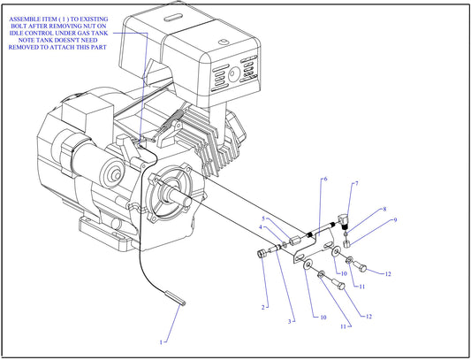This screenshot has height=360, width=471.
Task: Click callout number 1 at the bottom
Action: click(x=161, y=341)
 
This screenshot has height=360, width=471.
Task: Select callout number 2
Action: click(x=262, y=307)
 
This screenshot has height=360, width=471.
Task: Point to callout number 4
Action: click(x=260, y=228)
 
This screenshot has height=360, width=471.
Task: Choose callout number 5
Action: click(x=262, y=218)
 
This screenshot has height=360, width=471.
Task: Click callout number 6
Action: click(x=324, y=180)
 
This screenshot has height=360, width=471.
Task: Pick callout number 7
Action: click(x=356, y=184)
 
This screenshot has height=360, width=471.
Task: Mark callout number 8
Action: click(x=384, y=210)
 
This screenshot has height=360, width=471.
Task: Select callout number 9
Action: click(x=395, y=220)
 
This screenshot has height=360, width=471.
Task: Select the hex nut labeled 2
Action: click(x=262, y=255)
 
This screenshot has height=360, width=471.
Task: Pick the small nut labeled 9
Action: click(x=348, y=241)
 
